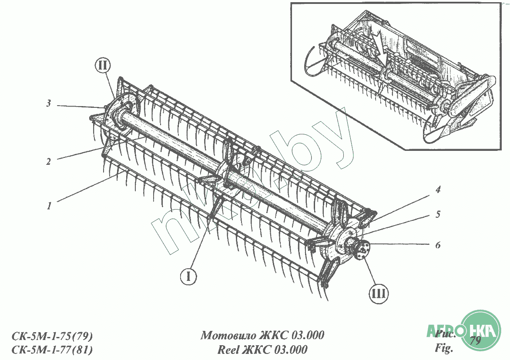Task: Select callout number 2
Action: (48, 161)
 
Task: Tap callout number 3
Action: (49, 103)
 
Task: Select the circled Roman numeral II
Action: (103, 67)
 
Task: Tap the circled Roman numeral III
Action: (379, 293)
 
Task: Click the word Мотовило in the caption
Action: (227, 335)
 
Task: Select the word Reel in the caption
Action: (228, 350)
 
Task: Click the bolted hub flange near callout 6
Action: (361, 251)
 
